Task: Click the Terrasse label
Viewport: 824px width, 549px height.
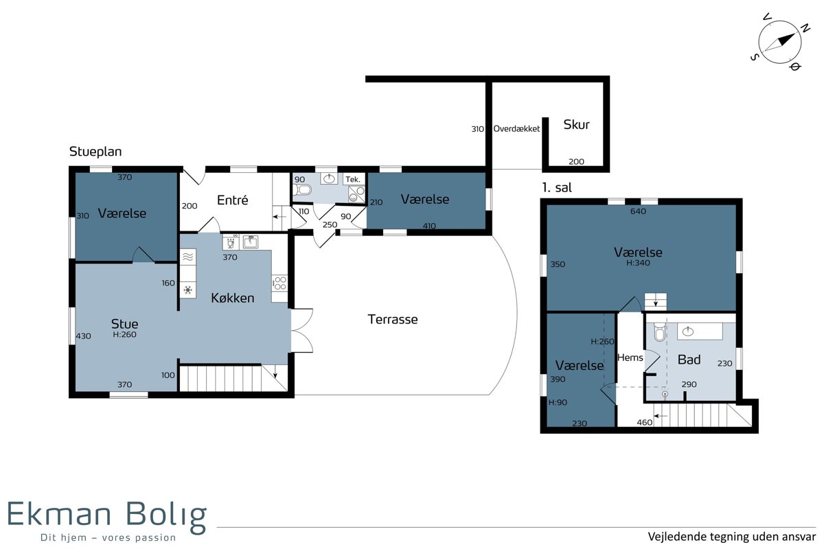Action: tap(393, 319)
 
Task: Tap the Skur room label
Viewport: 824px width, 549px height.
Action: tap(576, 125)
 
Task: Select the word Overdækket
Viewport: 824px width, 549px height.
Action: tap(516, 129)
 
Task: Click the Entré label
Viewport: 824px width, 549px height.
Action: tap(233, 200)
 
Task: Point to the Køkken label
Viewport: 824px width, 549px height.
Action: tap(233, 298)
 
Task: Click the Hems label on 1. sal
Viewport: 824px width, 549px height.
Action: tap(630, 358)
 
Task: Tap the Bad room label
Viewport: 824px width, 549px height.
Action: tap(689, 360)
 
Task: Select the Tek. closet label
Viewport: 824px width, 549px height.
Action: tap(353, 179)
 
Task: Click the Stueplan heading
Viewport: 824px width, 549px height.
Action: tap(95, 152)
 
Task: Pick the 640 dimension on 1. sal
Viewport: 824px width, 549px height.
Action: tap(638, 211)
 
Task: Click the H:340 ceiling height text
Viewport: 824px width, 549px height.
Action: tap(638, 263)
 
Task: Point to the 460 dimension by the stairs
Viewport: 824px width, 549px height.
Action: tap(645, 423)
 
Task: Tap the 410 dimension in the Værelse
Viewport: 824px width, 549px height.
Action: tap(429, 226)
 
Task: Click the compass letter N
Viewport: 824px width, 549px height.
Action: tap(805, 28)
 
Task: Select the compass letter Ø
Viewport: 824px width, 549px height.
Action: tap(795, 67)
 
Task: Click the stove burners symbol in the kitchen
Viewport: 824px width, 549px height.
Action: tap(279, 283)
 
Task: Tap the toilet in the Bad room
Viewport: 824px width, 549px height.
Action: tap(660, 332)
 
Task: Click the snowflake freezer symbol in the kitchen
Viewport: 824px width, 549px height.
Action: tap(187, 290)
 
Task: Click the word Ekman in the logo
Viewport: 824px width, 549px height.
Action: tap(59, 514)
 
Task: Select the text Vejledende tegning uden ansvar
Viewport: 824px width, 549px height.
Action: tap(732, 537)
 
